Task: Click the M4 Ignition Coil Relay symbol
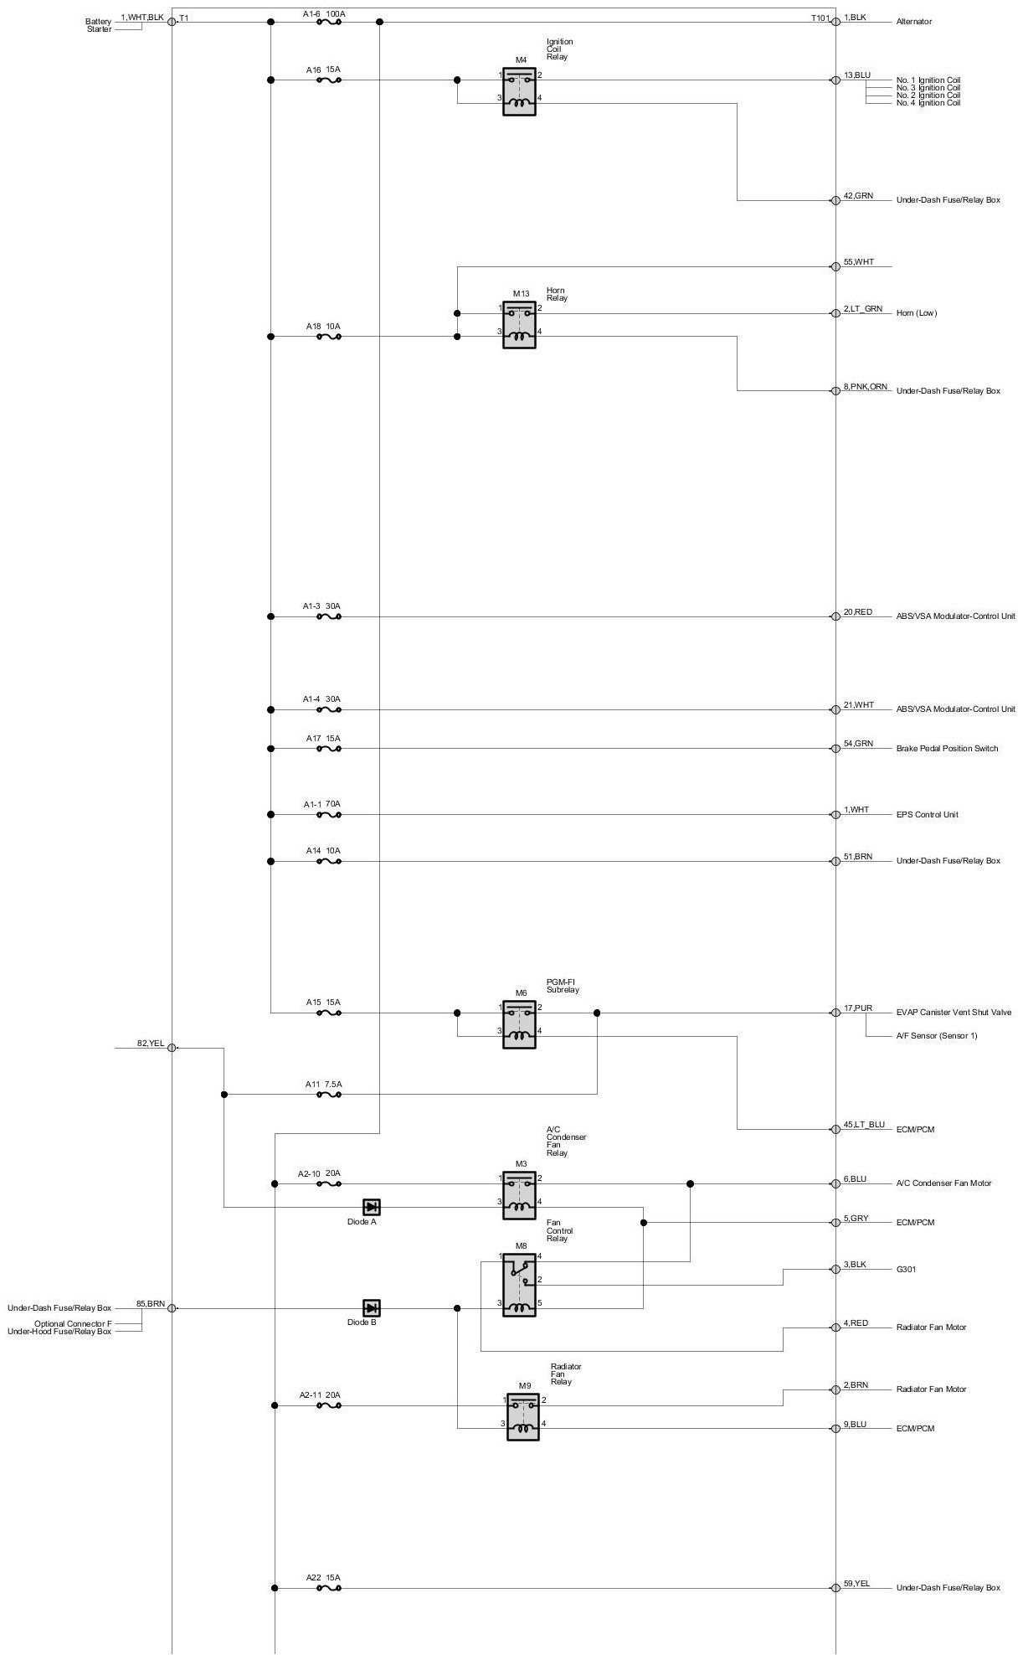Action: [x=519, y=91]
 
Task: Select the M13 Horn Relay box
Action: [x=519, y=324]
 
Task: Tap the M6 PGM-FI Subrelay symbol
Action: [x=519, y=1023]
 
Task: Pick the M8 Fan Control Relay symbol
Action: [x=519, y=1285]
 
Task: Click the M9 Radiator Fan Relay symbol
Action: [x=522, y=1416]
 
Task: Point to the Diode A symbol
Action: [x=372, y=1207]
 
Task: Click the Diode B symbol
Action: [x=372, y=1308]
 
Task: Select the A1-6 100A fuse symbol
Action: [x=329, y=23]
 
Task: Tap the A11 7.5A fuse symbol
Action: [x=329, y=1094]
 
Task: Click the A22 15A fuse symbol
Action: [x=329, y=1588]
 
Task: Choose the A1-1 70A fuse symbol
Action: [x=329, y=814]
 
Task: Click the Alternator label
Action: [x=913, y=22]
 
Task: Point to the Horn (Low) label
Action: [x=917, y=313]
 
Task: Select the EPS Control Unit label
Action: [x=927, y=815]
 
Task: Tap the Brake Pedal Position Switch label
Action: [x=947, y=749]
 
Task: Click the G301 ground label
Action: [x=907, y=1270]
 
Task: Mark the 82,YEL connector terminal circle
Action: [x=172, y=1048]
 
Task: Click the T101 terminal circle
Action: [x=835, y=22]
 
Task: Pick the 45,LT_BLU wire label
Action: [x=864, y=1125]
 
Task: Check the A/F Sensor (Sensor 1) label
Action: [x=936, y=1036]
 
